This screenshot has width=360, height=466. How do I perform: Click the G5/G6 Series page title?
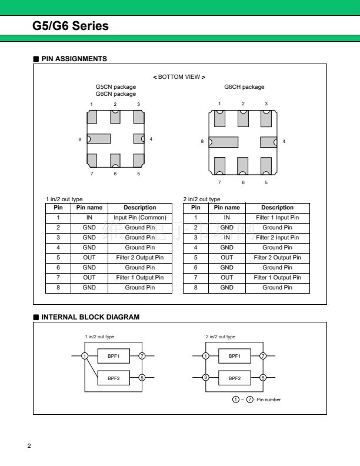pos(71,26)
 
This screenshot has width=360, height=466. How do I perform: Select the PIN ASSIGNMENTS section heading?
pos(74,59)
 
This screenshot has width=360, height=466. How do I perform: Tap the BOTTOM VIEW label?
pos(179,77)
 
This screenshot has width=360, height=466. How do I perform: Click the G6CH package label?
pos(244,87)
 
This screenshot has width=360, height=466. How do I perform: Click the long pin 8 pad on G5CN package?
pos(99,139)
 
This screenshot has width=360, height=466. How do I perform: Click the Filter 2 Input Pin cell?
pos(277,238)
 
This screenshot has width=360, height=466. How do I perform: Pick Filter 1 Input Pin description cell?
pos(277,218)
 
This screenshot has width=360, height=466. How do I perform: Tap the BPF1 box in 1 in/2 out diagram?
pos(114,356)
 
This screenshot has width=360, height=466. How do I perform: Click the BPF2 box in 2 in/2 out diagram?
pos(234,378)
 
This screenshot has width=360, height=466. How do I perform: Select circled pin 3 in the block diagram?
pos(205,378)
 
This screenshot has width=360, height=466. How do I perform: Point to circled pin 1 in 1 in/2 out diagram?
pos(85,356)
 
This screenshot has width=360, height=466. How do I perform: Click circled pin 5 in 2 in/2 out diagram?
pos(262,378)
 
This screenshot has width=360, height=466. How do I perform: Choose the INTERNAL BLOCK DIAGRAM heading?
pos(90,317)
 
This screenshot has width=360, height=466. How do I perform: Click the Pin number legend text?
pos(268,400)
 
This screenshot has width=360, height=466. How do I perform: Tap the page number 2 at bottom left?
pos(29,444)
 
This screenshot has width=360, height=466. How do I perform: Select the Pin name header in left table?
pos(89,208)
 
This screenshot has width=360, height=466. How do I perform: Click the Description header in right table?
pos(277,208)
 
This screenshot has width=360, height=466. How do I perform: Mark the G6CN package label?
pos(115,94)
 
